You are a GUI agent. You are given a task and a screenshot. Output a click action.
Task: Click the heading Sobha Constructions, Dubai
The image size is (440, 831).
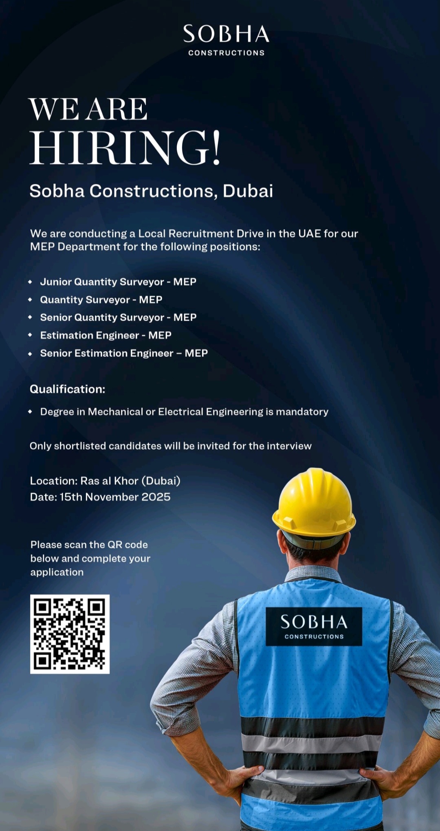tap(151, 191)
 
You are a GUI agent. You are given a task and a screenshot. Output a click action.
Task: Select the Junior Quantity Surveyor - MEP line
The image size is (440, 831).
tap(118, 282)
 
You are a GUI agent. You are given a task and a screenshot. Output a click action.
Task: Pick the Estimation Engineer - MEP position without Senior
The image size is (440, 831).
tap(106, 335)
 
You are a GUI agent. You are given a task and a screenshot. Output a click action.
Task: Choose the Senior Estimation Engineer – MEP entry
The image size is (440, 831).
tap(124, 353)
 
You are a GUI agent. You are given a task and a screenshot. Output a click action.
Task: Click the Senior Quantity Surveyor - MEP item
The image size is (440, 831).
tap(118, 317)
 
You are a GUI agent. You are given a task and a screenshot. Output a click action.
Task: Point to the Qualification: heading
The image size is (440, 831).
tap(68, 389)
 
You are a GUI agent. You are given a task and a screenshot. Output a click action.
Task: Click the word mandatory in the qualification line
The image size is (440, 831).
tap(302, 412)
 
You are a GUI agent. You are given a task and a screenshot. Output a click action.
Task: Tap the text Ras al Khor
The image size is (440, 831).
tap(110, 481)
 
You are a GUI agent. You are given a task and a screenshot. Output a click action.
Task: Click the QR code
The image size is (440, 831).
tap(70, 634)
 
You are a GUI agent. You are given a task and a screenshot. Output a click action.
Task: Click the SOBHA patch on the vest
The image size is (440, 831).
tap(314, 626)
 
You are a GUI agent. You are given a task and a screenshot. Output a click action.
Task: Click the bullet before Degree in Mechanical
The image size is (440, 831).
tap(30, 412)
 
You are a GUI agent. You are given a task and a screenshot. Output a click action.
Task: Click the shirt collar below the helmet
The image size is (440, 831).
tap(313, 574)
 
